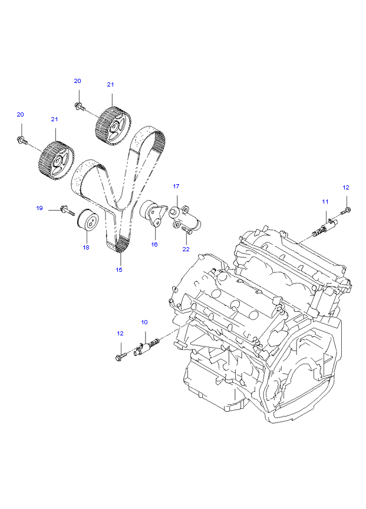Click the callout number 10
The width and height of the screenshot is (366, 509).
click(x=144, y=322)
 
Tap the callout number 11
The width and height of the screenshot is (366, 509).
click(x=325, y=202)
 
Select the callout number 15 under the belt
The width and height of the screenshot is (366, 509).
click(x=119, y=270)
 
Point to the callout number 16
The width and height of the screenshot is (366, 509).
click(x=154, y=244)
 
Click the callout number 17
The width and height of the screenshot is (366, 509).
click(x=176, y=187)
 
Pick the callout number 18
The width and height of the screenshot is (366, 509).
click(x=86, y=248)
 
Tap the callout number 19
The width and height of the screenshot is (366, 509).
click(x=40, y=208)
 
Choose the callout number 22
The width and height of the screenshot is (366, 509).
click(x=186, y=249)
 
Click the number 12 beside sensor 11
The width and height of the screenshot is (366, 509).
click(x=346, y=187)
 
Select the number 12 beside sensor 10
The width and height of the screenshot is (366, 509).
click(x=120, y=334)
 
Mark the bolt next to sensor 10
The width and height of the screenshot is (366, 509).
click(x=121, y=356)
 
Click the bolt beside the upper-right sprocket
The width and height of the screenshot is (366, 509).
click(x=80, y=106)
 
